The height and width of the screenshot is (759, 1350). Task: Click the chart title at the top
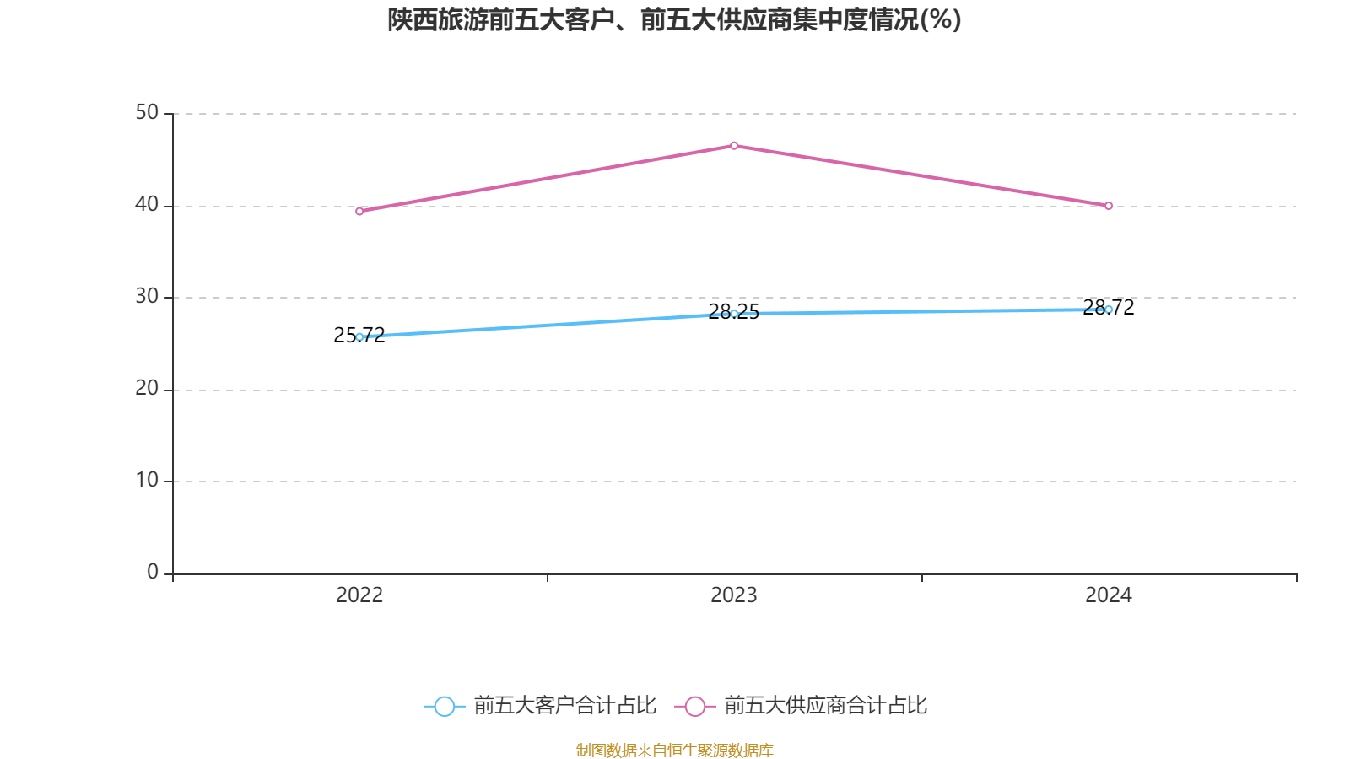(674, 20)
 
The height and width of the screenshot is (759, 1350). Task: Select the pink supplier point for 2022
(359, 212)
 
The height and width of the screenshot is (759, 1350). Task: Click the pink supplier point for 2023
(734, 146)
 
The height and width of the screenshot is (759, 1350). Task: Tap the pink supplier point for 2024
(1109, 206)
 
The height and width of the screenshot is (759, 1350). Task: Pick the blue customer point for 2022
(359, 337)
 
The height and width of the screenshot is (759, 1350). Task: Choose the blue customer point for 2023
(734, 314)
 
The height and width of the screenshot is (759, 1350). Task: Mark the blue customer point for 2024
(1109, 310)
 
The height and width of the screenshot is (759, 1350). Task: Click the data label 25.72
(359, 336)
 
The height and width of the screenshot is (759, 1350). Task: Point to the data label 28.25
(734, 312)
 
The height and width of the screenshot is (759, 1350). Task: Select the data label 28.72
(1109, 307)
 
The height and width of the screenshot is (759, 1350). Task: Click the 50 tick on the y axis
(147, 112)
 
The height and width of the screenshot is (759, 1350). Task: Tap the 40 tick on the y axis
(147, 204)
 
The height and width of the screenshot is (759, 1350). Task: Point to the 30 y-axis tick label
(147, 296)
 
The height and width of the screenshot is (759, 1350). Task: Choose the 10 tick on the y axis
(147, 480)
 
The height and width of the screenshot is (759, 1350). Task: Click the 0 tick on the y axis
(153, 572)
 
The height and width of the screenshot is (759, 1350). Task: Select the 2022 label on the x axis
(359, 595)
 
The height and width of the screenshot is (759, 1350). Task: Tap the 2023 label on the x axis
(734, 595)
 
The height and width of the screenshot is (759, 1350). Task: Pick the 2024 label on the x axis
(1109, 595)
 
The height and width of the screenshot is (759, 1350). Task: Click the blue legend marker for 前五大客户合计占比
(444, 706)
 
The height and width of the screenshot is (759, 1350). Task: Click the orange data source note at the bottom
(674, 750)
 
